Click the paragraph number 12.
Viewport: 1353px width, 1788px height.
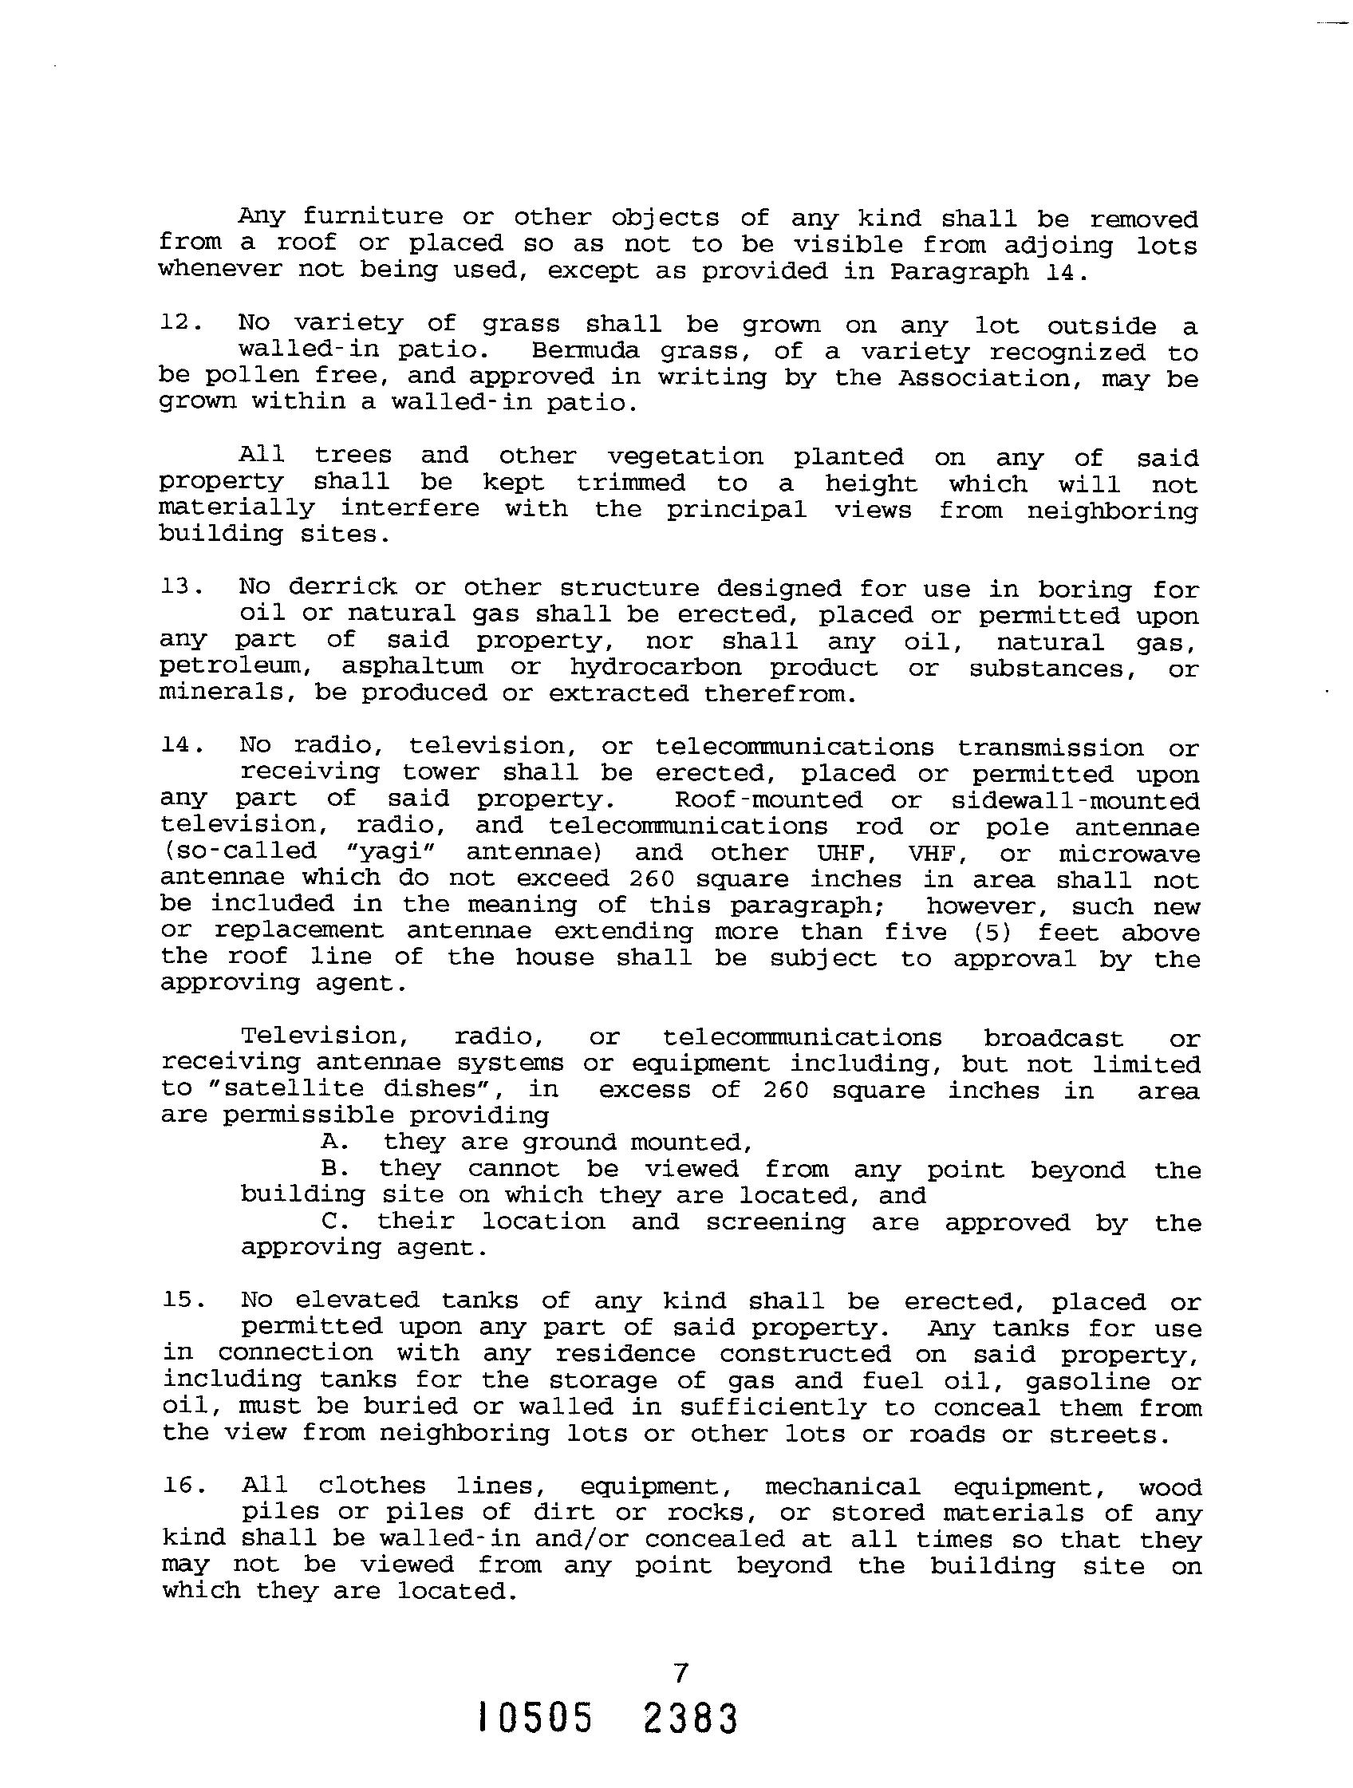pos(177,322)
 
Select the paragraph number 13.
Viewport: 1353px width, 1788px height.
pos(178,586)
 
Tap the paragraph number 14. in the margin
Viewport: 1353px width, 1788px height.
pos(178,744)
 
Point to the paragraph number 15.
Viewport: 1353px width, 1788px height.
pos(180,1300)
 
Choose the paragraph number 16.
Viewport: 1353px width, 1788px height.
pos(180,1485)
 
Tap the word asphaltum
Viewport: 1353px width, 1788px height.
pos(412,667)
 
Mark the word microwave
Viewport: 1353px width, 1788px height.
pos(1128,854)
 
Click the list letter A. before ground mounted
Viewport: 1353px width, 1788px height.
pos(331,1142)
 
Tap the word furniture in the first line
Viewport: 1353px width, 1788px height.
pos(373,218)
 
